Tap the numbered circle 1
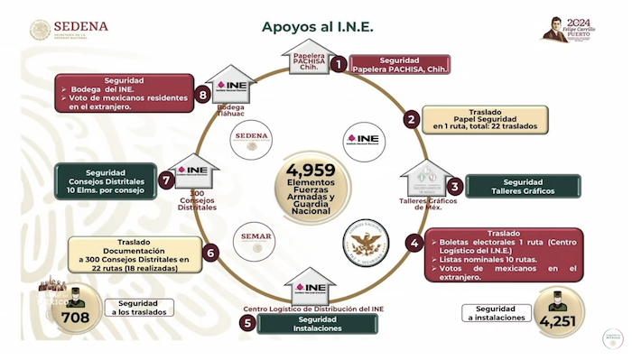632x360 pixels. (339, 64)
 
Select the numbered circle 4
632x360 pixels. (414, 243)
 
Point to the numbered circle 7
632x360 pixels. (166, 180)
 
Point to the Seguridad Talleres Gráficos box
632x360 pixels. (510, 187)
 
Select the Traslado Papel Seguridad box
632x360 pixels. (485, 118)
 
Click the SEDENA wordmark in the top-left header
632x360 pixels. (80, 26)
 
